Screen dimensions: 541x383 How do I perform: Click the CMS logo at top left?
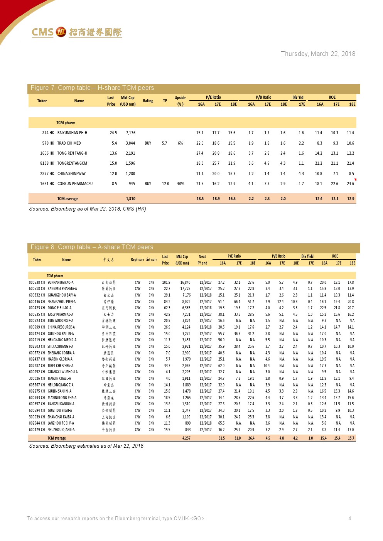click(76, 32)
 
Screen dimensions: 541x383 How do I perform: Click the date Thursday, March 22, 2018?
click(318, 54)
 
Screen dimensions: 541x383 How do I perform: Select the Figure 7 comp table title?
click(92, 88)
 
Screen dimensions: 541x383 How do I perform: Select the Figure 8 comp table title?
click(92, 247)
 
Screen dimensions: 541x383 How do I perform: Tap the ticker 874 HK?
click(48, 133)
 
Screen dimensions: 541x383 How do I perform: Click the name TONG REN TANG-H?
click(72, 153)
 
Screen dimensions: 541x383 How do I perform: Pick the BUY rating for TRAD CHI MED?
click(148, 143)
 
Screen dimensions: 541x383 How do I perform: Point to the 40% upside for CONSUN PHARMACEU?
click(180, 184)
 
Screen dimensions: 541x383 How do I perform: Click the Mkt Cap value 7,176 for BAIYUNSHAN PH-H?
click(130, 133)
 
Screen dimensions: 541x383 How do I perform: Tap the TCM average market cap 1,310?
click(130, 199)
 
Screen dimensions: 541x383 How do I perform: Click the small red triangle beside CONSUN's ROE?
click(355, 180)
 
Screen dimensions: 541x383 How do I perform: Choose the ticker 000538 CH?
click(37, 283)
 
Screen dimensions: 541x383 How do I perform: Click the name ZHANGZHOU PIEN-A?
click(62, 302)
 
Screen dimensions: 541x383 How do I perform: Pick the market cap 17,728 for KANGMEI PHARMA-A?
click(185, 289)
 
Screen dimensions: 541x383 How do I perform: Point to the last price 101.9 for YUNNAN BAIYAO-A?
click(166, 283)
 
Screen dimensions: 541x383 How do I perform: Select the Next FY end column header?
click(202, 260)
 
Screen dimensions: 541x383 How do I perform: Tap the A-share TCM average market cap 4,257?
click(186, 438)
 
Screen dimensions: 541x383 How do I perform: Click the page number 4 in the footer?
click(349, 518)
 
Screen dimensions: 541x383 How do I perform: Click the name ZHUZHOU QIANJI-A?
click(61, 430)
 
